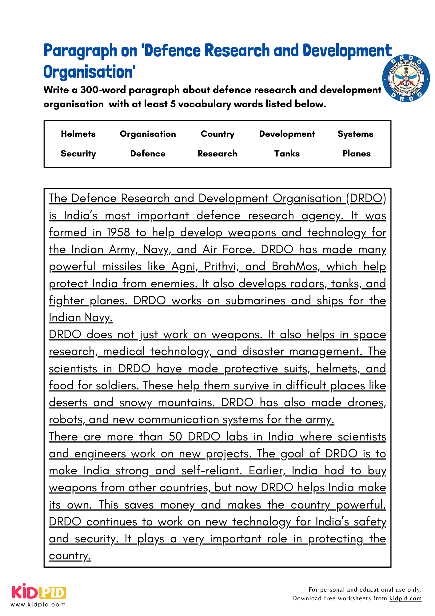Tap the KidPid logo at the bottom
tap(39, 592)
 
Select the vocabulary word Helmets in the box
tap(78, 134)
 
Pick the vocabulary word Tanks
tap(287, 154)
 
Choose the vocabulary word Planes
tap(356, 154)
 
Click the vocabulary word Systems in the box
tap(355, 134)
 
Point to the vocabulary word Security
tap(78, 154)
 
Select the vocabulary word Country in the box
tap(217, 134)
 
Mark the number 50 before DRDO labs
tap(175, 437)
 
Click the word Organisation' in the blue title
tap(90, 72)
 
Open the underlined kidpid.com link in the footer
tap(405, 598)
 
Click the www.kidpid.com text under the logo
tap(38, 605)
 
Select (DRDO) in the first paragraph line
tap(366, 198)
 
